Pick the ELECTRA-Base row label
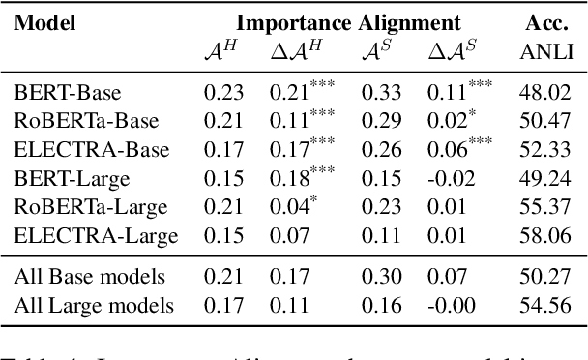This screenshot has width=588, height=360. coord(78,150)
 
